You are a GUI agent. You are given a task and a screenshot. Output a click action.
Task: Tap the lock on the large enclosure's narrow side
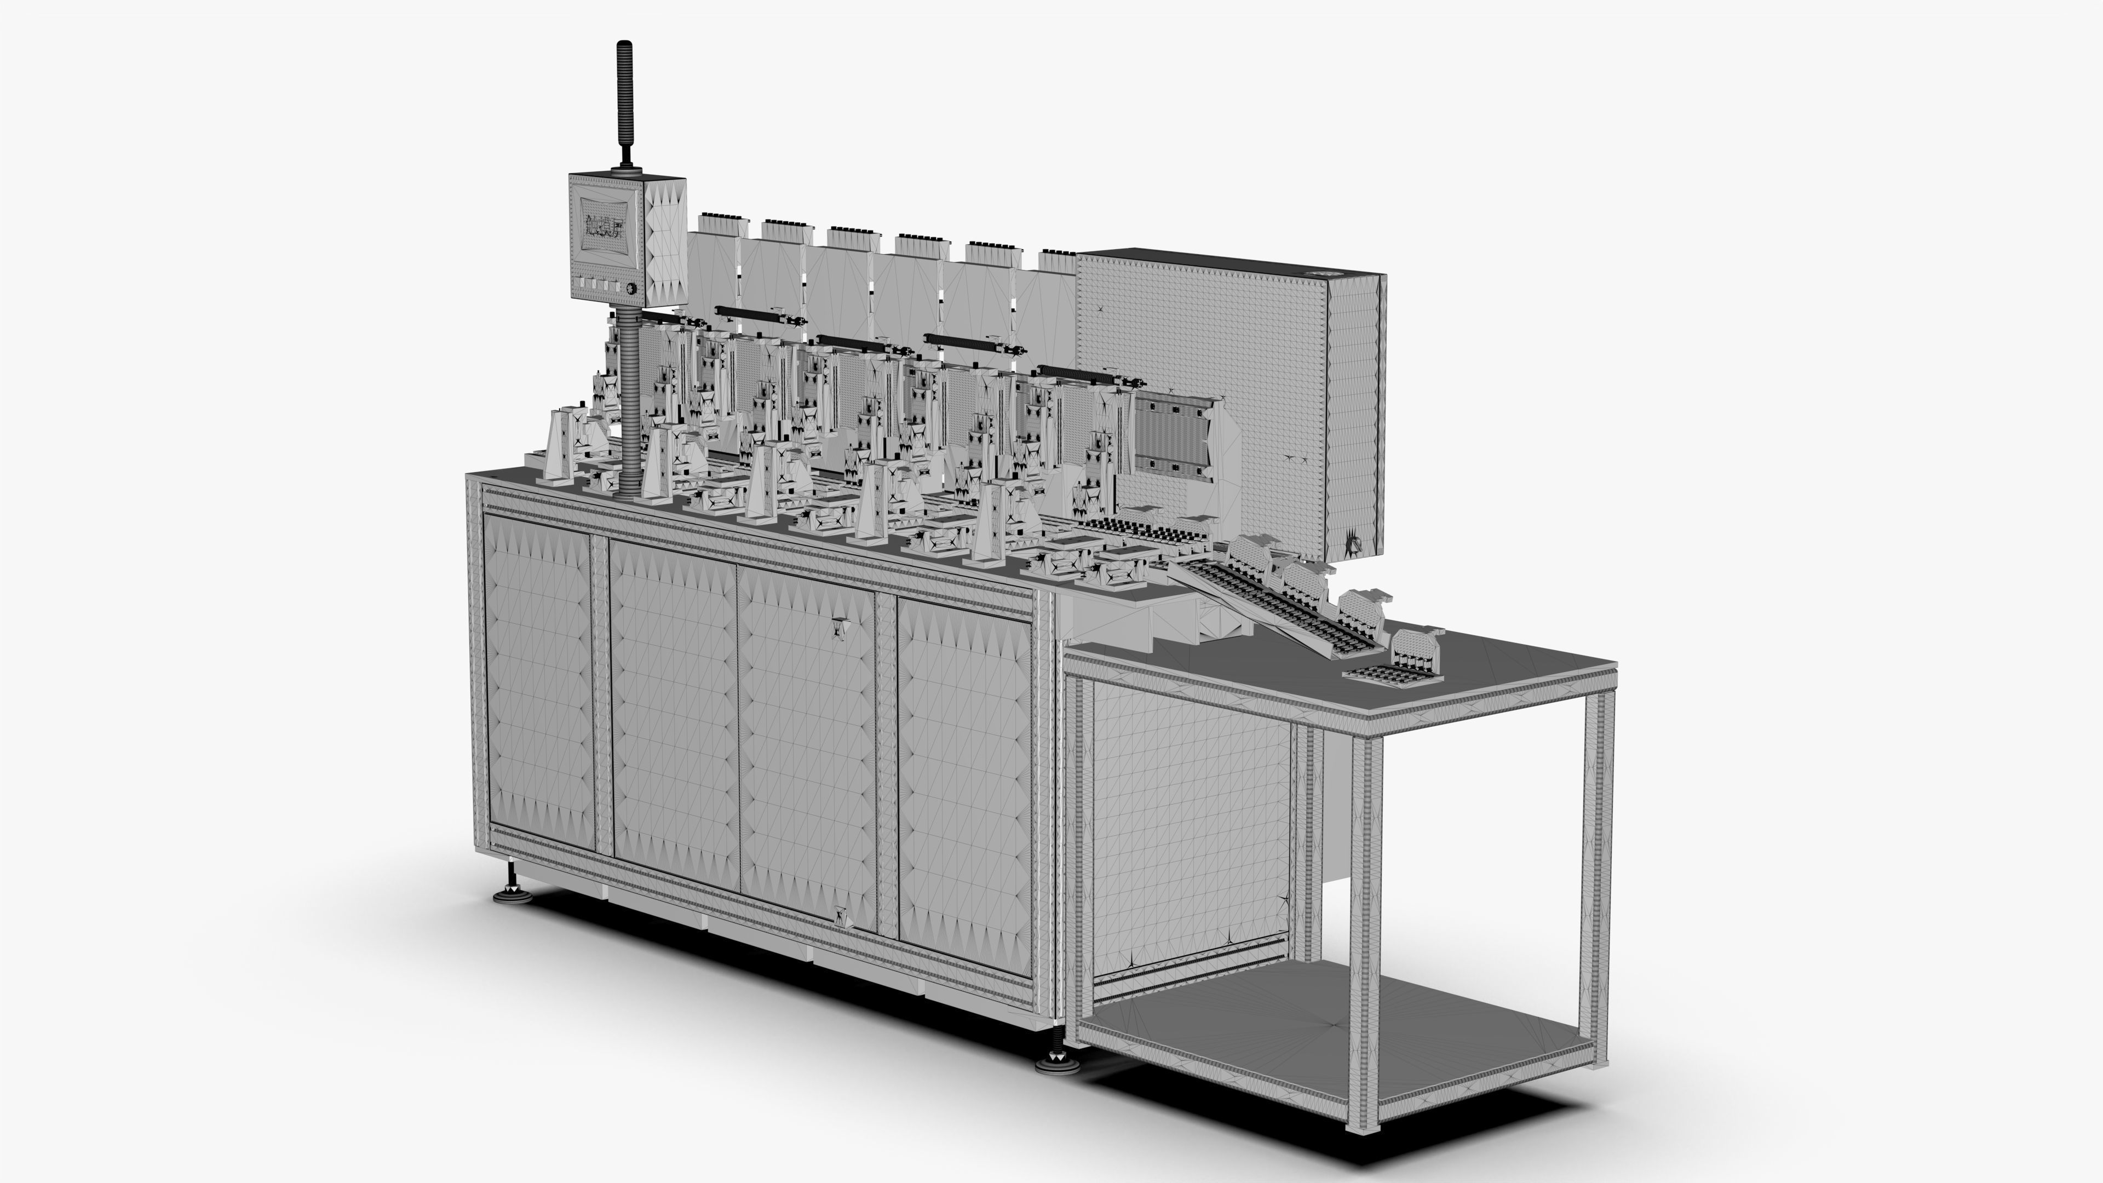(1354, 541)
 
